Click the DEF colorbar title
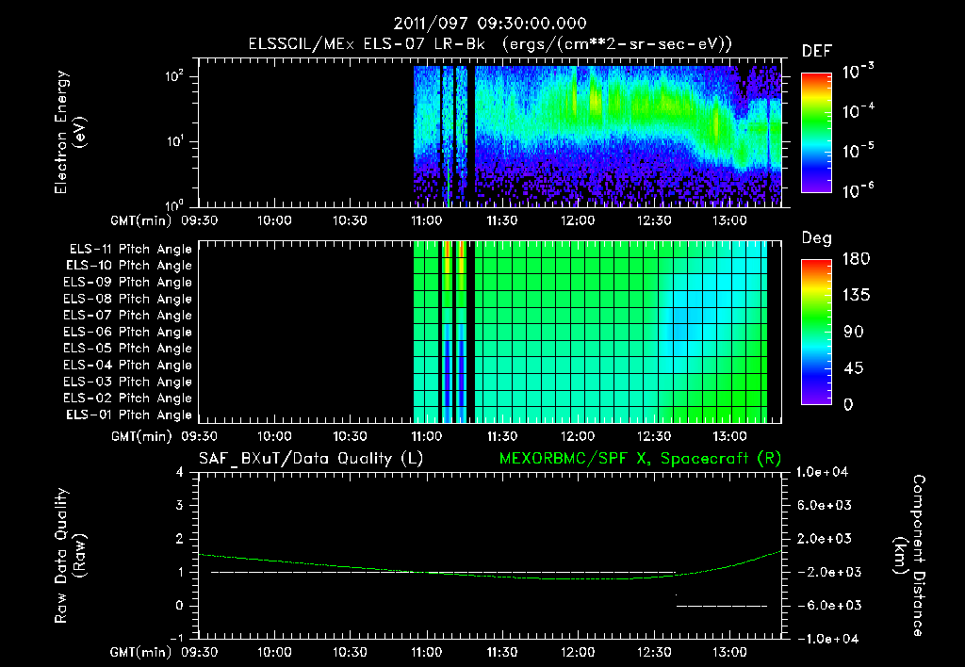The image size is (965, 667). pos(816,51)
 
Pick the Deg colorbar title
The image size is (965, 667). pos(816,238)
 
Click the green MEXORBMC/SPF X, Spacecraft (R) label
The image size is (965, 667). pos(639,459)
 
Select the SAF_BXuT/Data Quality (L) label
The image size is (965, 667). pos(309,459)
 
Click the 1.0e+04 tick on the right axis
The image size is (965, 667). pos(825,472)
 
